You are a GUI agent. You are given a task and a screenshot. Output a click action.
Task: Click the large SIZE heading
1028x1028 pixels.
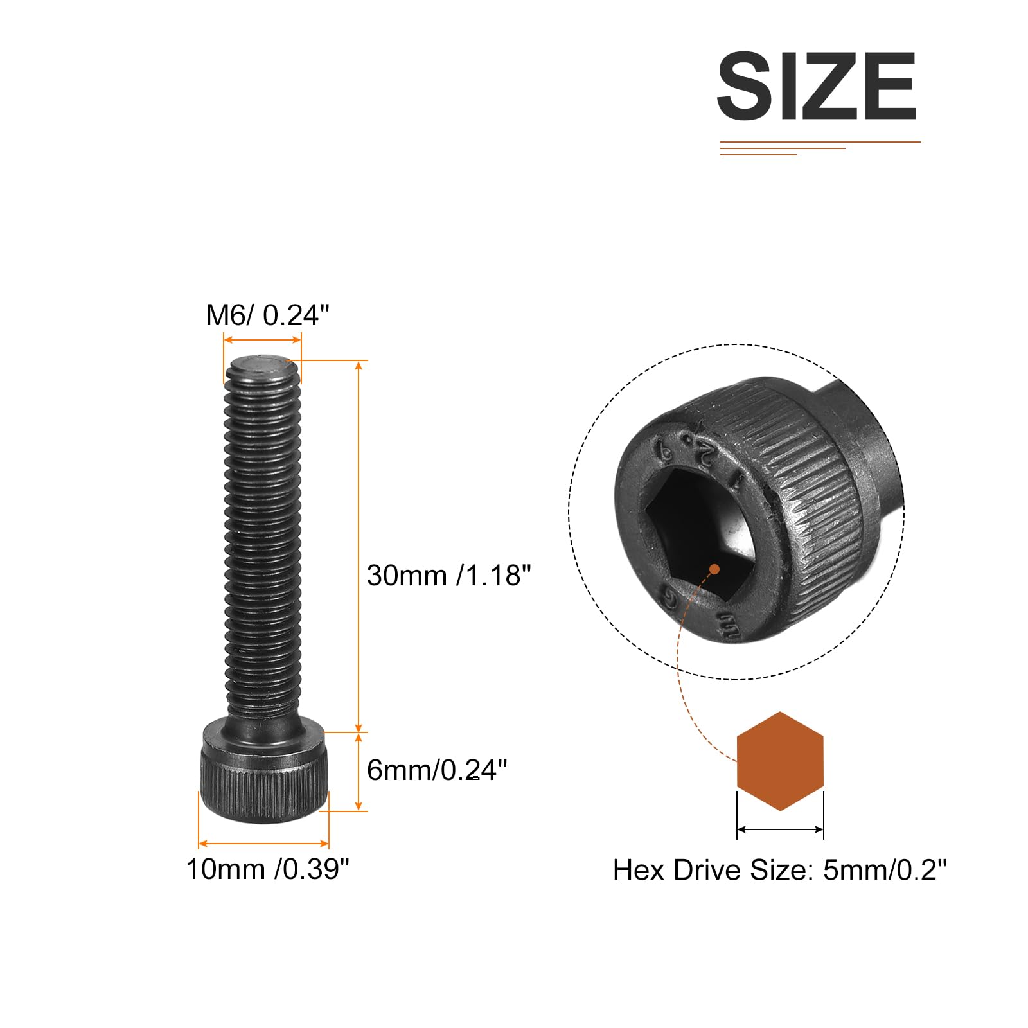[816, 86]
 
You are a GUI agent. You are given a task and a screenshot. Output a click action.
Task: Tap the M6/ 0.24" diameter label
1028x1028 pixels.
[267, 315]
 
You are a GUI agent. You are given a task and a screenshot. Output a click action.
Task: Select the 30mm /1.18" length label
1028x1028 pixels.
[449, 576]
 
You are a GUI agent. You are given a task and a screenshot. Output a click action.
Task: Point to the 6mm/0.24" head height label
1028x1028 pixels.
[437, 770]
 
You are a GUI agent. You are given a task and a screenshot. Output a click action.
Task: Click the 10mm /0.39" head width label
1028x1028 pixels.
[267, 869]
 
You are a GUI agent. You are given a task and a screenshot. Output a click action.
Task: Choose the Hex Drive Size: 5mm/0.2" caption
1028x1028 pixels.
[780, 870]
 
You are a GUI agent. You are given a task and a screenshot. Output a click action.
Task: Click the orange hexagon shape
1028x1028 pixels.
[780, 761]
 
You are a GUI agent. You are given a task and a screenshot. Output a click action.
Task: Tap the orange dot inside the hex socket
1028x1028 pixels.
[714, 569]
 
